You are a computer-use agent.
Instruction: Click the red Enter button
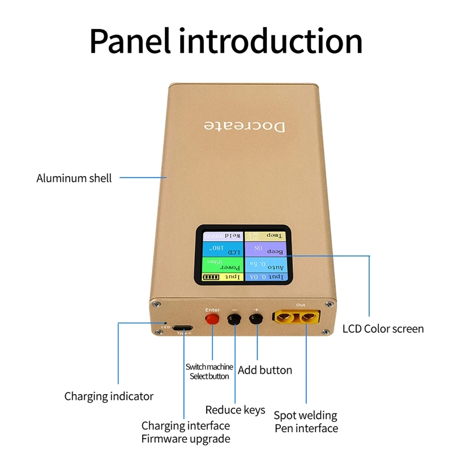coord(212,320)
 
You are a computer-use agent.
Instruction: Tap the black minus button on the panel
coord(234,320)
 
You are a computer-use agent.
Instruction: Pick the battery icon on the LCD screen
coord(210,278)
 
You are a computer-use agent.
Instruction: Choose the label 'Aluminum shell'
coord(74,178)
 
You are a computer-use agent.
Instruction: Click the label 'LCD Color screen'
coord(383,329)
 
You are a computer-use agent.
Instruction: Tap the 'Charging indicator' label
coord(109,396)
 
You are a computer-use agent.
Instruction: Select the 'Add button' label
coord(265,370)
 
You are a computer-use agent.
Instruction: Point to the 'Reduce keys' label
coord(235,410)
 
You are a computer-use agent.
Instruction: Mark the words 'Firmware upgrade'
coord(186,439)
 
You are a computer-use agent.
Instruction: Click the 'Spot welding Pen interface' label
coord(306,422)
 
